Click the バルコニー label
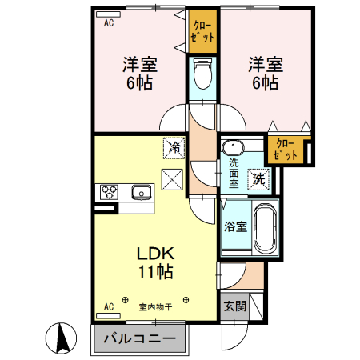pos(139,339)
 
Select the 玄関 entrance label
pos(234,306)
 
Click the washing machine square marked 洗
pos(259,179)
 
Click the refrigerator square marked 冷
pos(173,147)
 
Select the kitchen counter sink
pos(142,192)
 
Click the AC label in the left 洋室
pos(108,23)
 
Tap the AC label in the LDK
pos(109,306)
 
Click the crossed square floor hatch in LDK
pos(173,178)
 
